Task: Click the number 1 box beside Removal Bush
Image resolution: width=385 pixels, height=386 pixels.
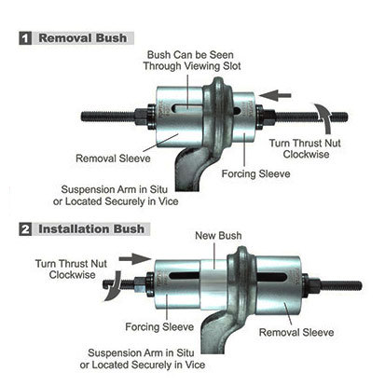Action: [25, 38]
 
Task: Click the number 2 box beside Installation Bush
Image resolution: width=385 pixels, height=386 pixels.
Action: [25, 229]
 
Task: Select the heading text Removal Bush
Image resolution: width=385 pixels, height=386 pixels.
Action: [83, 38]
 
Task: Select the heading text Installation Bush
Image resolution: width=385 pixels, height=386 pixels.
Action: [91, 229]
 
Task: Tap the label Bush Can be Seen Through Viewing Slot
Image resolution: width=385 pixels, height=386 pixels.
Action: [192, 61]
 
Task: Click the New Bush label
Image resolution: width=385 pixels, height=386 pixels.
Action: [218, 236]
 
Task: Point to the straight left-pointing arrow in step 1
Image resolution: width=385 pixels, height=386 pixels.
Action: [275, 95]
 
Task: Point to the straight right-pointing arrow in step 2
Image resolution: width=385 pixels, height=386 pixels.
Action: [135, 258]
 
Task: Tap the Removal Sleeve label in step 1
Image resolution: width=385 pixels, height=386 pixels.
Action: [113, 159]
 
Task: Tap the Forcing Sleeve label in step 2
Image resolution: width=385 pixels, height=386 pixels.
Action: [159, 326]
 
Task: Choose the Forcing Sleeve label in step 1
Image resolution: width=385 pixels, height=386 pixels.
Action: [255, 173]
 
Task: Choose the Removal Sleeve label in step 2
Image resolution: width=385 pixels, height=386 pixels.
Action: [296, 332]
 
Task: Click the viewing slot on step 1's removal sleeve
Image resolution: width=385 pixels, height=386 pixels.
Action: [188, 109]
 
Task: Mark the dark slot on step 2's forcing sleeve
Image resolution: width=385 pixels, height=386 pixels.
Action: [184, 275]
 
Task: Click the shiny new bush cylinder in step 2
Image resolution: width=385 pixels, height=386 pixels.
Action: [214, 284]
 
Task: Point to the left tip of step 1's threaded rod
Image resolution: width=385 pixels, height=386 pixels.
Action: [82, 117]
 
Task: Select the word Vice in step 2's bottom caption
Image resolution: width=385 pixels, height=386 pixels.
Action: [195, 365]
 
